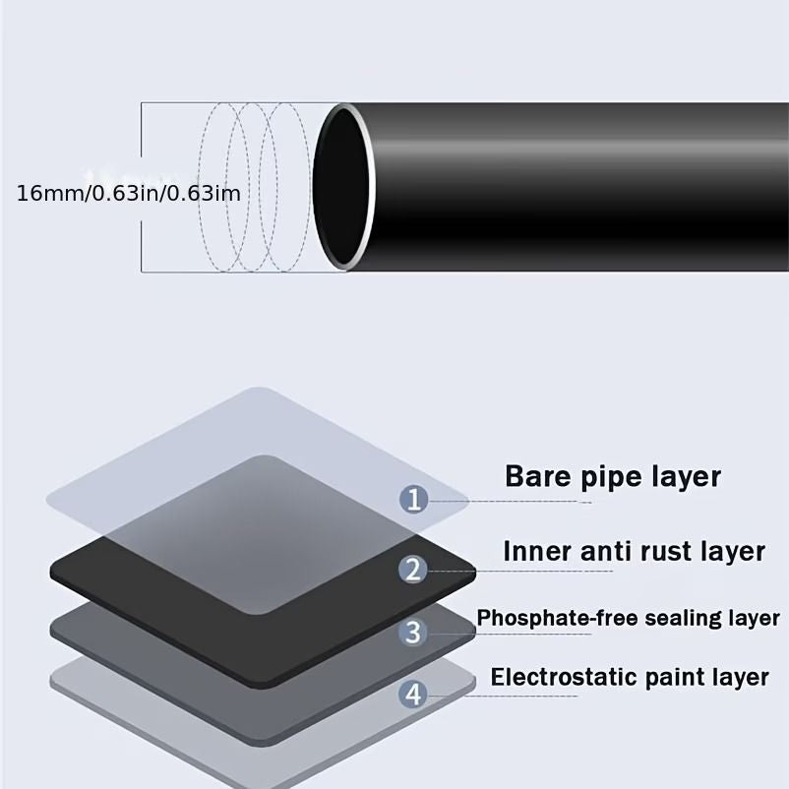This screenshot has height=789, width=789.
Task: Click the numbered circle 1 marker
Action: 413,500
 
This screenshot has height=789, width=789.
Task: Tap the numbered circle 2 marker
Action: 413,570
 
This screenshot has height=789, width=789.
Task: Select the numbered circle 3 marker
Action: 413,632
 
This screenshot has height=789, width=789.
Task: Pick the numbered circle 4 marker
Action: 413,695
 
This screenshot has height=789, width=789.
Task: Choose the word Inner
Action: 538,551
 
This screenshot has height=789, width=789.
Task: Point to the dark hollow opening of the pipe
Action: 340,185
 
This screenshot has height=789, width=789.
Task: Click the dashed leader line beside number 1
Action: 510,501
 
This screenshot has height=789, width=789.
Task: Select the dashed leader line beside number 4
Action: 502,696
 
